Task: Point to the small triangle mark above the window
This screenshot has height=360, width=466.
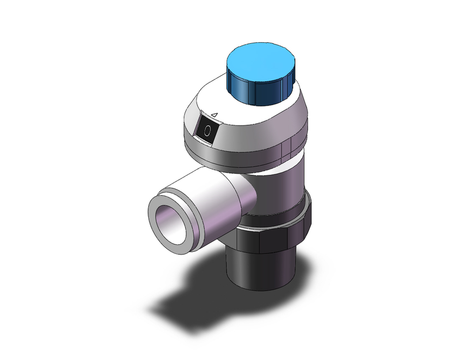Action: click(214, 114)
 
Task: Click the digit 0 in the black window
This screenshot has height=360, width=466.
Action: click(207, 131)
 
